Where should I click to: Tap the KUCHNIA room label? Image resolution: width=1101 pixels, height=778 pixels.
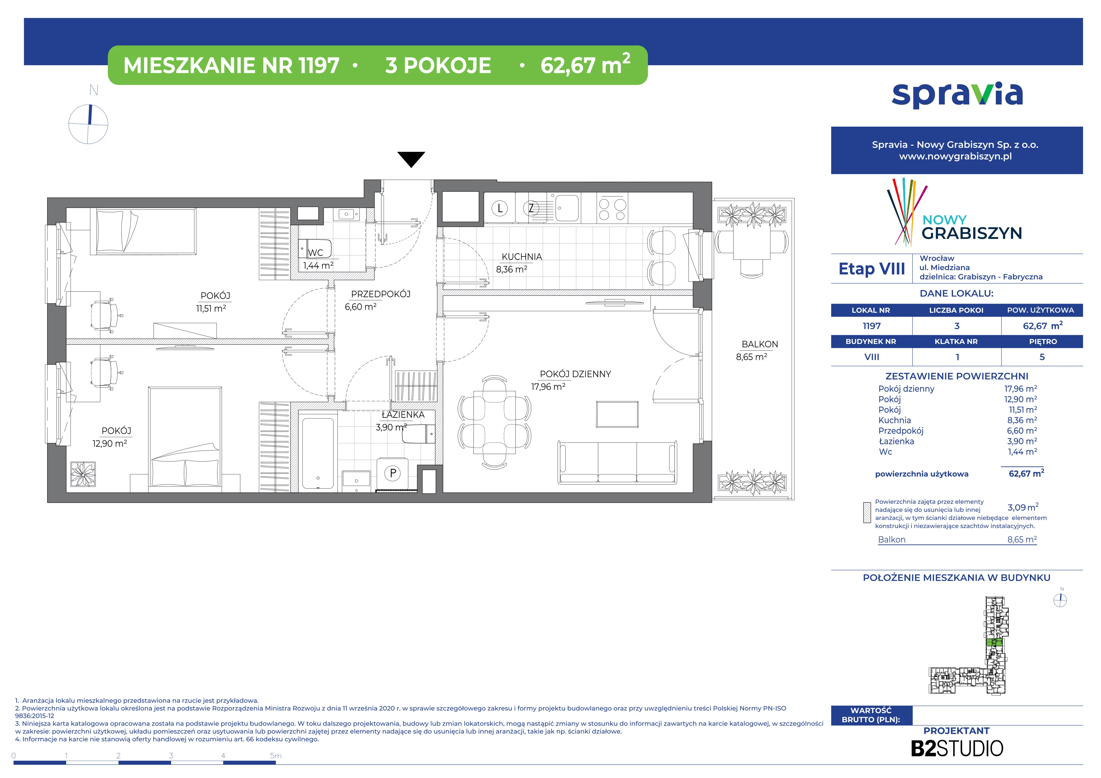click(x=522, y=257)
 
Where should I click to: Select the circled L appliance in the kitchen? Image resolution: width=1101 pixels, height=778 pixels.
click(x=500, y=208)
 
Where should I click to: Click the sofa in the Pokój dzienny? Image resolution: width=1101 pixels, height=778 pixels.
click(x=618, y=462)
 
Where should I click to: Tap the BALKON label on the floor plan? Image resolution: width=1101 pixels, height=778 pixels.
click(x=760, y=344)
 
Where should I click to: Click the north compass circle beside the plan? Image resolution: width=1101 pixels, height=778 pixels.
click(x=88, y=124)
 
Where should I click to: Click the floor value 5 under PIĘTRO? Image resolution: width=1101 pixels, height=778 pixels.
click(x=1042, y=357)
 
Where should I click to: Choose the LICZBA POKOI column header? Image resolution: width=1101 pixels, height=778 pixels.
click(x=956, y=310)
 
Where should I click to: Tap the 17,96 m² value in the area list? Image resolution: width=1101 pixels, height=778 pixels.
click(x=1020, y=389)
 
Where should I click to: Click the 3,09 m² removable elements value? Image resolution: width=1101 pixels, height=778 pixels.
click(x=1023, y=507)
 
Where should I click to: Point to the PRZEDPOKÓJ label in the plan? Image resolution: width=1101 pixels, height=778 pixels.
click(x=381, y=294)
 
